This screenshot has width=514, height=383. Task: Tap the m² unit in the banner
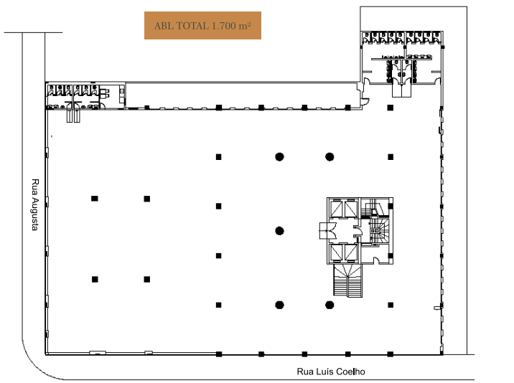pos(245,26)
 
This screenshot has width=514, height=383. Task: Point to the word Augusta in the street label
pos(35,214)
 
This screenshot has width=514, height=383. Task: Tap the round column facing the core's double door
pos(279,231)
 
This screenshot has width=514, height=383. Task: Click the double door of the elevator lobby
pos(328,231)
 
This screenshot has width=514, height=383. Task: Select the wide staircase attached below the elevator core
pos(348,280)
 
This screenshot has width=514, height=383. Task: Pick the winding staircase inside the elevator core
pos(380,231)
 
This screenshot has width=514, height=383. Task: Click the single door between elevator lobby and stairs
pos(358,231)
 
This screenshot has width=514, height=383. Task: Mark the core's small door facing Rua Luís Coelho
pos(377,260)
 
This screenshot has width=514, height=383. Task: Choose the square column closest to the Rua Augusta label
pos(95,199)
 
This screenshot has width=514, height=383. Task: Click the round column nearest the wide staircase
pos(330,305)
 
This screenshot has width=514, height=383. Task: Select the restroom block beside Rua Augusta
pos(85,95)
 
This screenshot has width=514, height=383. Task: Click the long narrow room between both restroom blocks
pos(242,95)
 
